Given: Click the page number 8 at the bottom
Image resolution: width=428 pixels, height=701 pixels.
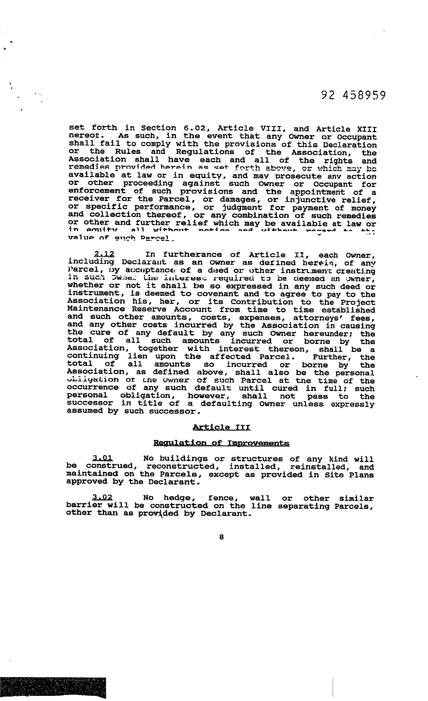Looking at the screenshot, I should tap(222, 537).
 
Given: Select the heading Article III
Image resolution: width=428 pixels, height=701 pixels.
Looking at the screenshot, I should tap(222, 427).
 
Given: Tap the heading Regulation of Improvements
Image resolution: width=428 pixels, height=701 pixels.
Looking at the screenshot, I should tap(222, 443).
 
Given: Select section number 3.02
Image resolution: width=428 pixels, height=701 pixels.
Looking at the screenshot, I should tap(102, 498).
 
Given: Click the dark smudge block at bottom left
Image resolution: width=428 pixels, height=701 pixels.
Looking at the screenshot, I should tap(53, 687).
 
